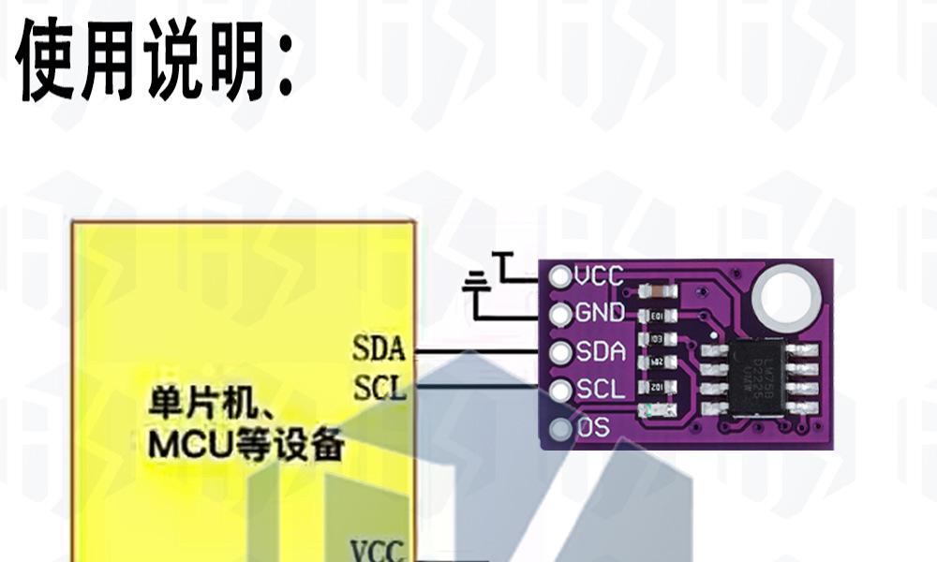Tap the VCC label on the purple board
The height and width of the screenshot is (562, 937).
click(x=600, y=275)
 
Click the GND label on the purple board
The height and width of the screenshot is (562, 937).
click(x=600, y=313)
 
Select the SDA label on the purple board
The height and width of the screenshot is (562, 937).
click(x=600, y=351)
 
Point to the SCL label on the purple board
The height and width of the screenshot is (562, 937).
click(x=600, y=390)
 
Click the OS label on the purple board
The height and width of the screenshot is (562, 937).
click(x=594, y=428)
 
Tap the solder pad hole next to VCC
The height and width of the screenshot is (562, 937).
click(x=560, y=276)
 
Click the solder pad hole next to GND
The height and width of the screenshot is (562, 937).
click(x=560, y=314)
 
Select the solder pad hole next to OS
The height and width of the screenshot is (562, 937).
click(x=560, y=429)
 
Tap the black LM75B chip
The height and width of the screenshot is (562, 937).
click(x=758, y=378)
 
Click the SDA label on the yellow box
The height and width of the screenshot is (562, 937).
click(x=379, y=349)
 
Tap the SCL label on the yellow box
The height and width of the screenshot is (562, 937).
click(x=379, y=387)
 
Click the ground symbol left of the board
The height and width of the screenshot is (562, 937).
click(x=477, y=279)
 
